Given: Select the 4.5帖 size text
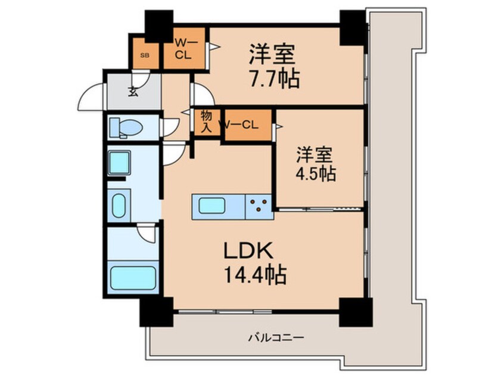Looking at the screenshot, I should (316, 173).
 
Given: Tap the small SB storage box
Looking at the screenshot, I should (145, 55).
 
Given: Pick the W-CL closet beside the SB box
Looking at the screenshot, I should (182, 48).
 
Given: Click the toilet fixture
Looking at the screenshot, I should (126, 128).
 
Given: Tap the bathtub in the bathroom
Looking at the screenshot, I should (133, 278).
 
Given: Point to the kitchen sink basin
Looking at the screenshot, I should (216, 206).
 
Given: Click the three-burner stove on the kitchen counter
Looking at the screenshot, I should (259, 206).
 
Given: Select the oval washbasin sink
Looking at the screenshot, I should (119, 205).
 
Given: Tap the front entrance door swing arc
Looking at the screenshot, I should (91, 95).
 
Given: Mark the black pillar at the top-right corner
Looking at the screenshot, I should (353, 27).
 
